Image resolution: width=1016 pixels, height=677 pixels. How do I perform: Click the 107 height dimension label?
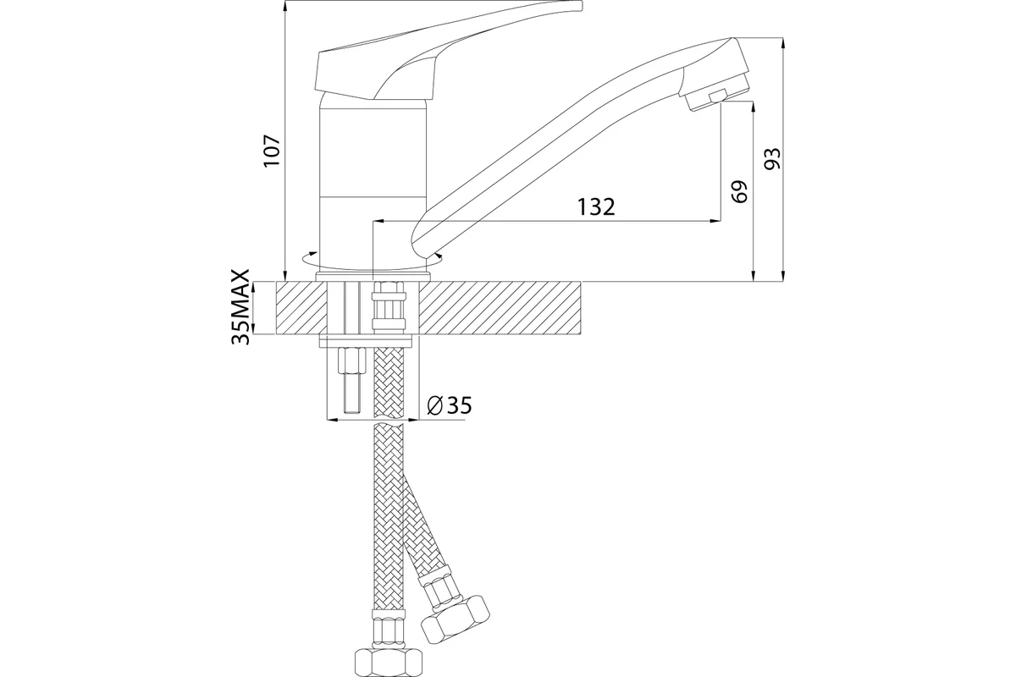273,151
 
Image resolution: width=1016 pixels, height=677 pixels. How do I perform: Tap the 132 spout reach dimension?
596,206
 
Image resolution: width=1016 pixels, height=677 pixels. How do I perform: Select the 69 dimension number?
739,191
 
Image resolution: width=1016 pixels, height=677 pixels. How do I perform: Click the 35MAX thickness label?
240,307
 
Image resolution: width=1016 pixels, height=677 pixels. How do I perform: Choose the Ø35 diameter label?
449,405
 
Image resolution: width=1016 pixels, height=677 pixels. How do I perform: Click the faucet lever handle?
444,50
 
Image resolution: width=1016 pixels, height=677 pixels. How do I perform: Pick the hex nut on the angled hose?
456,620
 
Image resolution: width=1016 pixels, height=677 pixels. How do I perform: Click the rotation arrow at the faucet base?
373,261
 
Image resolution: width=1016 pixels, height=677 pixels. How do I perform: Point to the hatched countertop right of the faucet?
500,308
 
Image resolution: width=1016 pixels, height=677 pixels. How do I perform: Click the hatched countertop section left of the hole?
301,308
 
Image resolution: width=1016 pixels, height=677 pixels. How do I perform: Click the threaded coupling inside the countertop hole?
389,306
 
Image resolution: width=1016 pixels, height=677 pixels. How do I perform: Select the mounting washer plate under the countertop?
366,341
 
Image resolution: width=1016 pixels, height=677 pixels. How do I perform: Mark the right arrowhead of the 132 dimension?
715,221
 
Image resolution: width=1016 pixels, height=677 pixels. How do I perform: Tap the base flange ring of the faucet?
373,276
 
